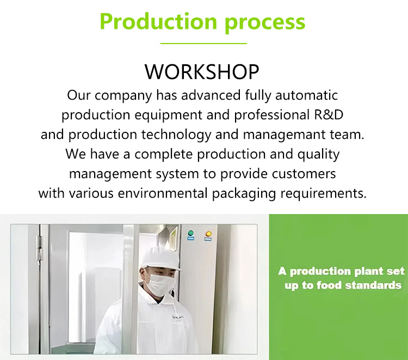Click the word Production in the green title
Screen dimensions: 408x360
(158, 21)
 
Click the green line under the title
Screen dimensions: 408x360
(203, 43)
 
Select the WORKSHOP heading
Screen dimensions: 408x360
(202, 72)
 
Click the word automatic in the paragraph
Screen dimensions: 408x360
(306, 95)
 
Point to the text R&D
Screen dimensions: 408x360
(329, 114)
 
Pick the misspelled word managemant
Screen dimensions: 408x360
(284, 135)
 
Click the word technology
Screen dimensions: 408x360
(176, 135)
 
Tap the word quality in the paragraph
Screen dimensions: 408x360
(318, 154)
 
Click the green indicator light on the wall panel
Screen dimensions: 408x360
(191, 233)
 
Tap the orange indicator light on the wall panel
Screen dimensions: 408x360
(208, 234)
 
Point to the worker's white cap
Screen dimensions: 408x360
(160, 259)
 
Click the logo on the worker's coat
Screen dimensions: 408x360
(178, 317)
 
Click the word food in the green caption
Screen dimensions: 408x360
(329, 285)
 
